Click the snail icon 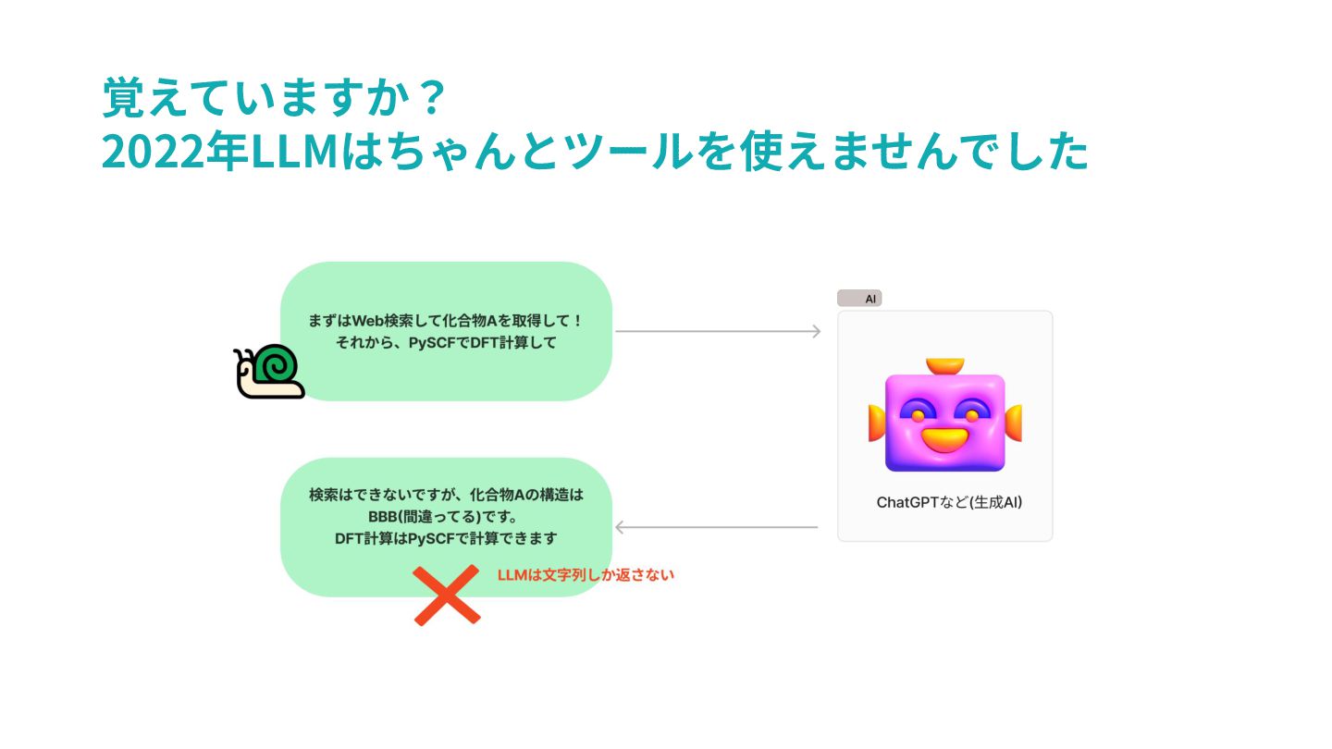coord(269,372)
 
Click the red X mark coord(447,596)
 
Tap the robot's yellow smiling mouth coord(944,438)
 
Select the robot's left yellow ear coord(877,423)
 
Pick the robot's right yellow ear coord(1013,423)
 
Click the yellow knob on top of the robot coord(944,366)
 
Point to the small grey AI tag coord(859,299)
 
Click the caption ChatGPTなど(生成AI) coord(949,503)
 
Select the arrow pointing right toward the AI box coord(718,331)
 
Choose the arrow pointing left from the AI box coord(716,528)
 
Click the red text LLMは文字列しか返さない coord(586,575)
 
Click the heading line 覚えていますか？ coord(275,97)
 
